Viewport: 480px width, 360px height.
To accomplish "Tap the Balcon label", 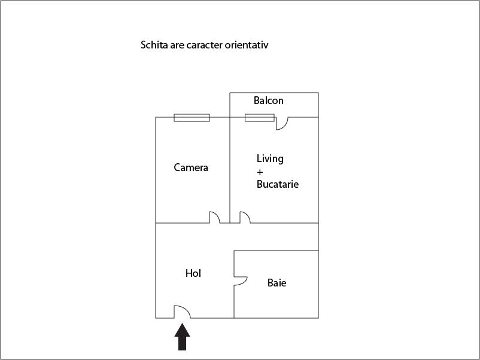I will coord(268,100).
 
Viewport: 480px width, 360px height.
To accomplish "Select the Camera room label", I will coord(191,167).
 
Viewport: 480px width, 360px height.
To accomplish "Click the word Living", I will coord(270,159).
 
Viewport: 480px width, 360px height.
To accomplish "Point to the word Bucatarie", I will coord(277,184).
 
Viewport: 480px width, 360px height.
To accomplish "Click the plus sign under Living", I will coord(260,172).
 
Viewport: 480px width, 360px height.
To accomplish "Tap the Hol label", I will coord(193,273).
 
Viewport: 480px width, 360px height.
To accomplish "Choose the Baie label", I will coord(277,283).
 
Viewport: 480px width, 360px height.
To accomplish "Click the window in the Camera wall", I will coord(192,118).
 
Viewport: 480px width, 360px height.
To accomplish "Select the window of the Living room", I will coord(259,118).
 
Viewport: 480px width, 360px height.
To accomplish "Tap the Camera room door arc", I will coord(214,218).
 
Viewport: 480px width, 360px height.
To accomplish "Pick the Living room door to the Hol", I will coord(245,218).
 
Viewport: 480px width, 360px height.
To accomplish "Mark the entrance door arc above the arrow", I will coord(182,312).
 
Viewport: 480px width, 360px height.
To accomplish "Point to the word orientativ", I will coord(247,45).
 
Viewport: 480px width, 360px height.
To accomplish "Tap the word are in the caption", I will coord(177,45).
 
